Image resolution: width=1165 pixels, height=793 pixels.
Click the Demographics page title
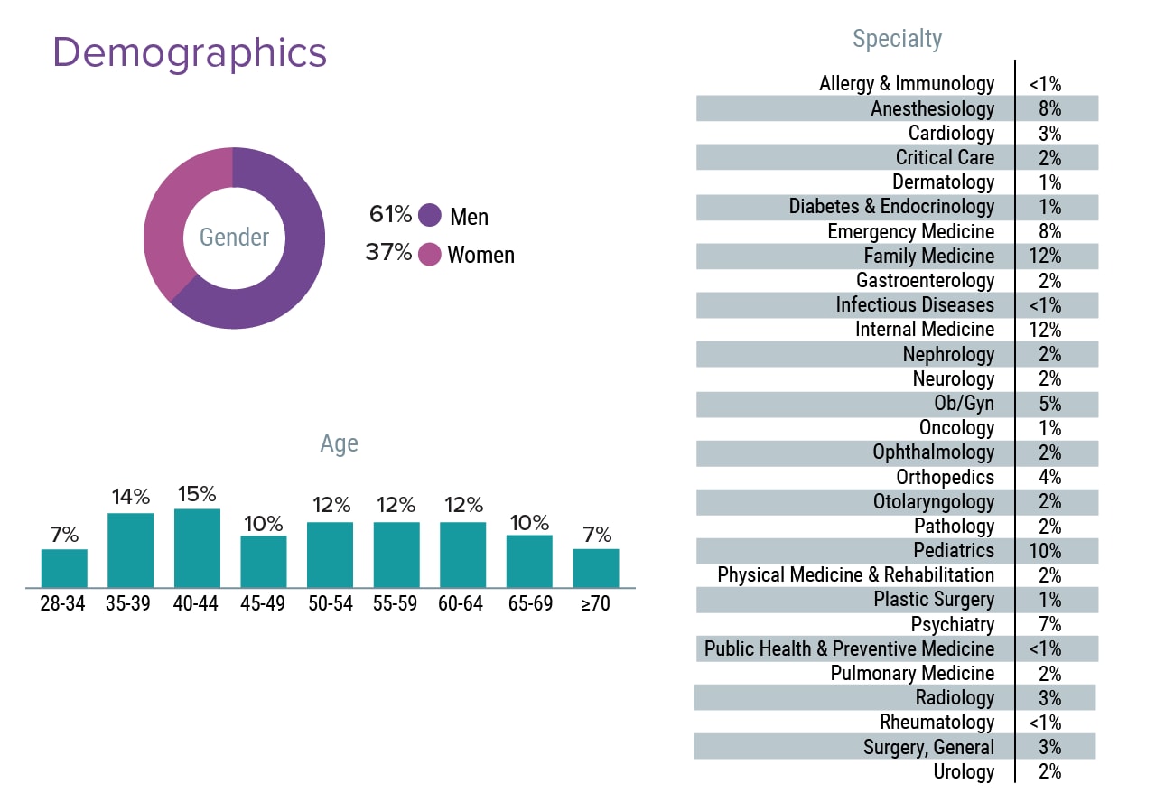point(190,53)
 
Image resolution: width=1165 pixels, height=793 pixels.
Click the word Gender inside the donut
point(234,238)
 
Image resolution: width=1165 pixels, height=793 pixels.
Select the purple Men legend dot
point(430,215)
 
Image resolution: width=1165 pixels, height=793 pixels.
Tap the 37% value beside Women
point(388,253)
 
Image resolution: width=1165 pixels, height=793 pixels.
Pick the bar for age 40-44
point(197,547)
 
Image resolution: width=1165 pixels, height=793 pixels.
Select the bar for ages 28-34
point(64,568)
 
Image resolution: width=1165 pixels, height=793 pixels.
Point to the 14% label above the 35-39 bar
point(131,497)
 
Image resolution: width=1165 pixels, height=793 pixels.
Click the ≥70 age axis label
point(595,604)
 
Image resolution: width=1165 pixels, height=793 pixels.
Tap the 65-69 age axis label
point(529,604)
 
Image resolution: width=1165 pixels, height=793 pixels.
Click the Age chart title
point(339,443)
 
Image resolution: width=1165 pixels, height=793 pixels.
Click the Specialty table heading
point(897,39)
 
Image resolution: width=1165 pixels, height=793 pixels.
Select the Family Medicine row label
point(928,257)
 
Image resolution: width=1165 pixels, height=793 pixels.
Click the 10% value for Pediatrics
point(1044,551)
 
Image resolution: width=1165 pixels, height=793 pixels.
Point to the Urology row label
point(964,772)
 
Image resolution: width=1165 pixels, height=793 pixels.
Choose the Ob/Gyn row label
point(964,404)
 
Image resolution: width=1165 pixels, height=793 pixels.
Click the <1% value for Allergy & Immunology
point(1044,85)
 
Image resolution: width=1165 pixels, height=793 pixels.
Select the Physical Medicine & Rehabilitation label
point(855,575)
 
